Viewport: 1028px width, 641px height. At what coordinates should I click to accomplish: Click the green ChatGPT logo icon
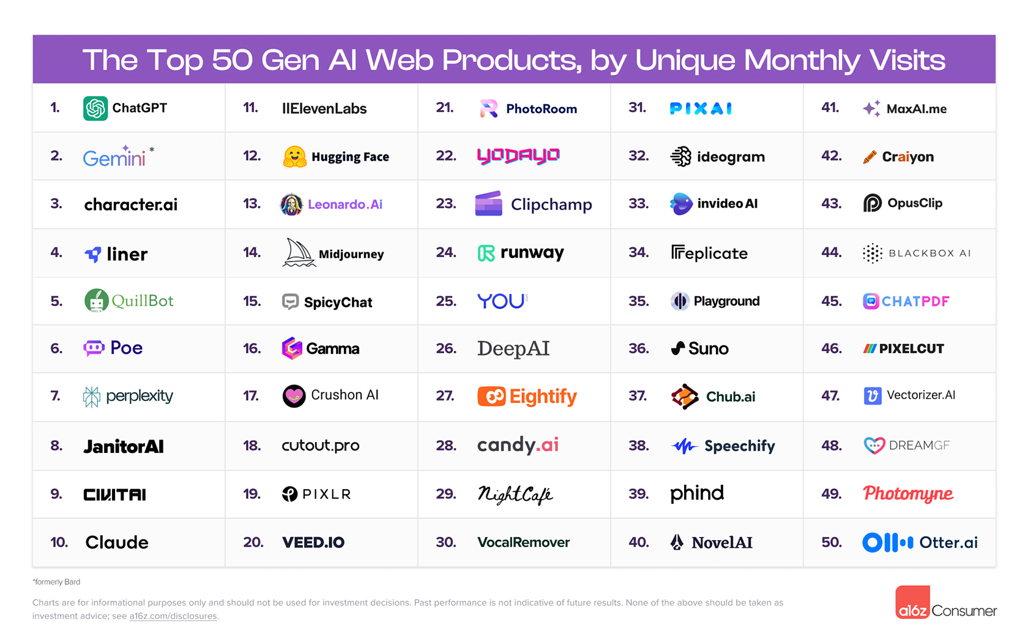point(95,108)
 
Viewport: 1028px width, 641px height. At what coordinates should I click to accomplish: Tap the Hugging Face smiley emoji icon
point(294,157)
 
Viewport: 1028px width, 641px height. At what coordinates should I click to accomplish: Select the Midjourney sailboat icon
point(298,253)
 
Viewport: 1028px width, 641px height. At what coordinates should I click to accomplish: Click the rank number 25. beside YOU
point(446,301)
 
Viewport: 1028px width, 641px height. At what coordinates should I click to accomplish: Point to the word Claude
point(117,542)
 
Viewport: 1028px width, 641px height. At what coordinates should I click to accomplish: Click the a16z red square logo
point(912,602)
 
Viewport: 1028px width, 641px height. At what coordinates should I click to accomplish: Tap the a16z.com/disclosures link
point(173,616)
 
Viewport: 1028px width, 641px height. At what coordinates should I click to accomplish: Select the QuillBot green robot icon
point(96,301)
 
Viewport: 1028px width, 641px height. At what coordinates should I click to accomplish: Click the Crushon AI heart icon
point(294,396)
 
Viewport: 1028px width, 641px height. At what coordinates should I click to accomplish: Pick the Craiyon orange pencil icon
point(870,157)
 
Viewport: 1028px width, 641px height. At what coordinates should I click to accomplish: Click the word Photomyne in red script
point(908,493)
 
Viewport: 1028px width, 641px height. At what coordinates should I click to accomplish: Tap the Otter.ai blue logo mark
point(887,542)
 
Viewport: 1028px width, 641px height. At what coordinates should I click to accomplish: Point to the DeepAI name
point(513,348)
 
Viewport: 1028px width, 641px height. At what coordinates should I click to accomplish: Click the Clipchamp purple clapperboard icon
point(488,204)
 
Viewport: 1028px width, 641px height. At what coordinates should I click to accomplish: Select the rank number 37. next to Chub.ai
point(638,396)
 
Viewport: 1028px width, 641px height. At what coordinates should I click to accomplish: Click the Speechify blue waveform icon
point(684,446)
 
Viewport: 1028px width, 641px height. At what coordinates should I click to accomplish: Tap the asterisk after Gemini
point(152,149)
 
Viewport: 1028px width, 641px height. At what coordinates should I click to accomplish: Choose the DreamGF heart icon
point(874,445)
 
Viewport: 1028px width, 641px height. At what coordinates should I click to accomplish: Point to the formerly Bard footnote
point(56,582)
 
